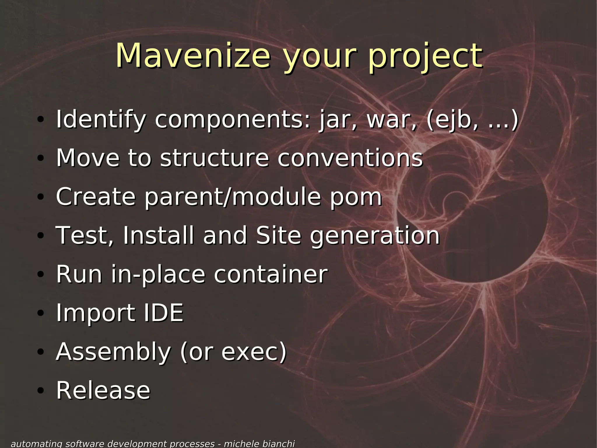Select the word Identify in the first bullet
coord(101,120)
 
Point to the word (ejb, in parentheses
coord(452,120)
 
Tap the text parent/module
coord(233,197)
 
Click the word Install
coord(158,235)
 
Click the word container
coord(271,274)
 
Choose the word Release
coord(103,391)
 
